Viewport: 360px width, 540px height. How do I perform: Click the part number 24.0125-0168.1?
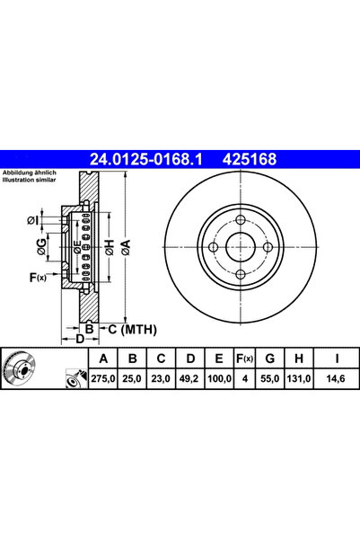click(146, 159)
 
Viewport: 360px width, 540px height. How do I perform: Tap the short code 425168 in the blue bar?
click(250, 159)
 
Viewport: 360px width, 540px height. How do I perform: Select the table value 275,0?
click(103, 379)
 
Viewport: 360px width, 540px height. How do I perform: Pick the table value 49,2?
click(189, 379)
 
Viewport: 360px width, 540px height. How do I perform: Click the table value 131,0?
click(299, 379)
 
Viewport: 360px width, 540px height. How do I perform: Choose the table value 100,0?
click(219, 379)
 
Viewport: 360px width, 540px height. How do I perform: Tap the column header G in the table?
click(270, 359)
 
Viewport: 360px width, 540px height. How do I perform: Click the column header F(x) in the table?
click(244, 359)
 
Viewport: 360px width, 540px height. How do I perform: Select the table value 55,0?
click(270, 379)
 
